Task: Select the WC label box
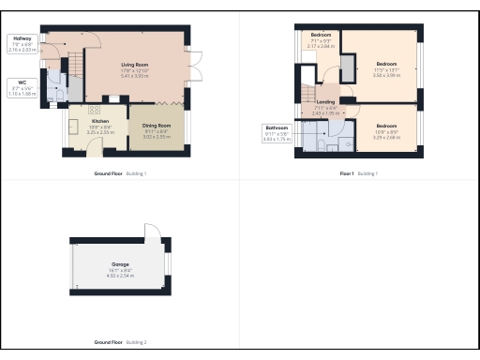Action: click(x=19, y=88)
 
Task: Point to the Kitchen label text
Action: click(x=99, y=122)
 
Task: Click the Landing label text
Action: click(x=325, y=102)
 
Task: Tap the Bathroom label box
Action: click(x=277, y=132)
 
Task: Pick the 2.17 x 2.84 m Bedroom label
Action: click(x=320, y=40)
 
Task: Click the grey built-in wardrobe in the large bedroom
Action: click(x=348, y=68)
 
